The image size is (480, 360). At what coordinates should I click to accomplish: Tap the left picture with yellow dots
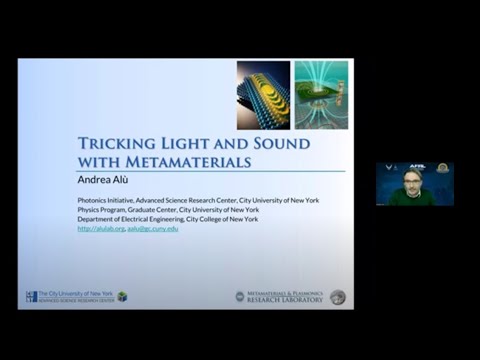pyautogui.click(x=263, y=96)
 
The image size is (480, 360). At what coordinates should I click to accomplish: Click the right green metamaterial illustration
pyautogui.click(x=321, y=96)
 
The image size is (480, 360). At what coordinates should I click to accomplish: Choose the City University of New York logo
pyautogui.click(x=70, y=296)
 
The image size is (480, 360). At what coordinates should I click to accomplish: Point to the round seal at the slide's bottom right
pyautogui.click(x=338, y=297)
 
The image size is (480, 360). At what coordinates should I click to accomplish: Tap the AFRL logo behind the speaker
pyautogui.click(x=418, y=168)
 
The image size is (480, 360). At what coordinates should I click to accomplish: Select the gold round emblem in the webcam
pyautogui.click(x=443, y=168)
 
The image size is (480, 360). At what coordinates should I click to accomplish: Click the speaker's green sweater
pyautogui.click(x=411, y=198)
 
